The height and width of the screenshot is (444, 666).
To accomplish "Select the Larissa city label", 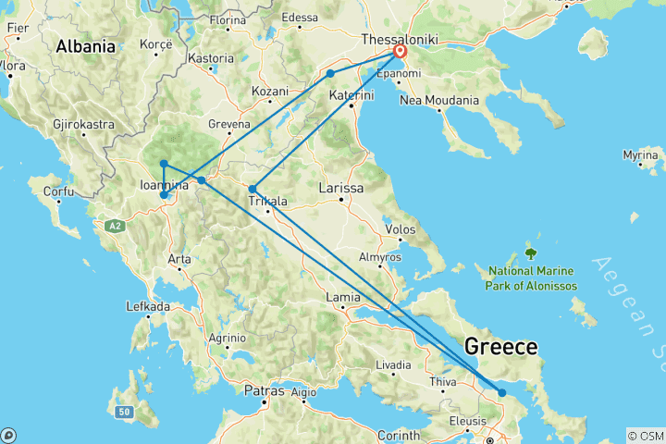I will [340, 189].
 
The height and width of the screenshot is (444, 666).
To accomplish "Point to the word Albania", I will [85, 46].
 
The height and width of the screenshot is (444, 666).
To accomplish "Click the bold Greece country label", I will [500, 347].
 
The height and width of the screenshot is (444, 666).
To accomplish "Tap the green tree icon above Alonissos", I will [531, 253].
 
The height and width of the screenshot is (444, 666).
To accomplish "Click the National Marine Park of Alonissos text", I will [531, 278].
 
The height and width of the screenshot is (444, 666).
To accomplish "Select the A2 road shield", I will [114, 225].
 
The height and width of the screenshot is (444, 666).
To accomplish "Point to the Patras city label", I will [264, 391].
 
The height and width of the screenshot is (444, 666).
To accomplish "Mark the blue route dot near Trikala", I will [253, 189].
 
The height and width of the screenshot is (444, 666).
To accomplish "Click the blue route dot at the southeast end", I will [502, 393].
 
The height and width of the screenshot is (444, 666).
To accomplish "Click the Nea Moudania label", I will [439, 100].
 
